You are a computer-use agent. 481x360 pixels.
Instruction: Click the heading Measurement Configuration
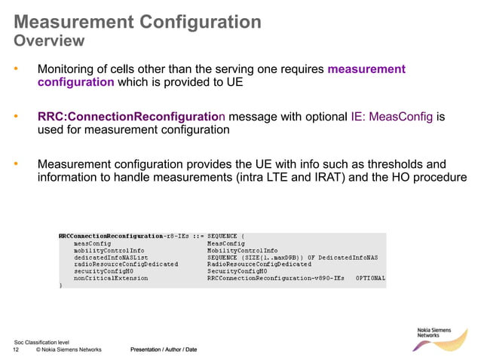coord(137,21)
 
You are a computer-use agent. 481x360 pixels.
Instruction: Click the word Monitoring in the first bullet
coord(69,69)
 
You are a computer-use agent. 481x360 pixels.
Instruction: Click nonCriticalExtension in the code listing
coord(110,278)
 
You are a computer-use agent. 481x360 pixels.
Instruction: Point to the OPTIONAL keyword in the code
coord(370,278)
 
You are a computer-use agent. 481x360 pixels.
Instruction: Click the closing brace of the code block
coord(60,285)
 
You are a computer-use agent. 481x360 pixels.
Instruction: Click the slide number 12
coord(16,349)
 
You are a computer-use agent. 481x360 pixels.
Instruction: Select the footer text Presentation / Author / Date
coord(164,349)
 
